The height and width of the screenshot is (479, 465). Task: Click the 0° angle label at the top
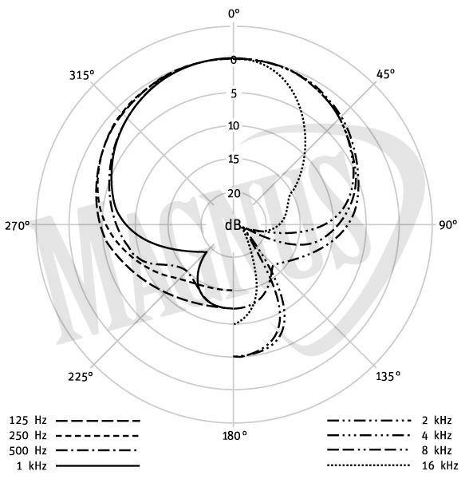[x=234, y=14]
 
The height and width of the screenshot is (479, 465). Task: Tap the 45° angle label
[x=385, y=74]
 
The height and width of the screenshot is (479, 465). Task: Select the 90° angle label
[x=448, y=225]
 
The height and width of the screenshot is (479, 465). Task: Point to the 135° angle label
[x=388, y=376]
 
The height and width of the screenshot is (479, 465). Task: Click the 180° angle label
[x=234, y=436]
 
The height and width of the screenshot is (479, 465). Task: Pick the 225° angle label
[x=81, y=377]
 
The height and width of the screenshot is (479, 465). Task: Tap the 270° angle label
[x=18, y=226]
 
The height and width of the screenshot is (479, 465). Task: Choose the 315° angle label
[x=82, y=75]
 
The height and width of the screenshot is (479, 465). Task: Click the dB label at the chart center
[x=233, y=225]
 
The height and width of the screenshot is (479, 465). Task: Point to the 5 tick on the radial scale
[x=234, y=93]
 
